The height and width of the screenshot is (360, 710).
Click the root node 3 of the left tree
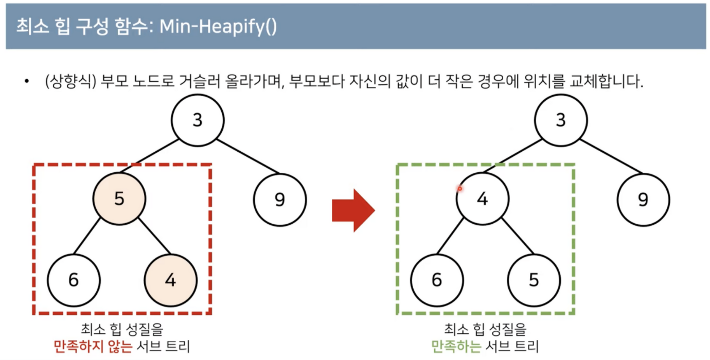[198, 120]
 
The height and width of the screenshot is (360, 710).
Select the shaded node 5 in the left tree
[119, 199]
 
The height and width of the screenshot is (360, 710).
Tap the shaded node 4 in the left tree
[171, 280]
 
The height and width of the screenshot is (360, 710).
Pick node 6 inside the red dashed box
[74, 280]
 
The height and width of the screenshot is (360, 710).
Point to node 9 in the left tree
[280, 200]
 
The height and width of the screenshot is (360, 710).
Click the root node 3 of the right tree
[561, 120]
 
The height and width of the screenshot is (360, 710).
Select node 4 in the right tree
[482, 199]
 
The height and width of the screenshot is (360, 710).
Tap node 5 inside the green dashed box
[534, 280]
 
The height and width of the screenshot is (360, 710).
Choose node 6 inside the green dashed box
[437, 280]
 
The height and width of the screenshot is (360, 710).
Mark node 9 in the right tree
[643, 200]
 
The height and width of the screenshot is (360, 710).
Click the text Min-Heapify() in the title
[218, 27]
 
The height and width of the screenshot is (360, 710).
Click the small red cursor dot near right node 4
[460, 189]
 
